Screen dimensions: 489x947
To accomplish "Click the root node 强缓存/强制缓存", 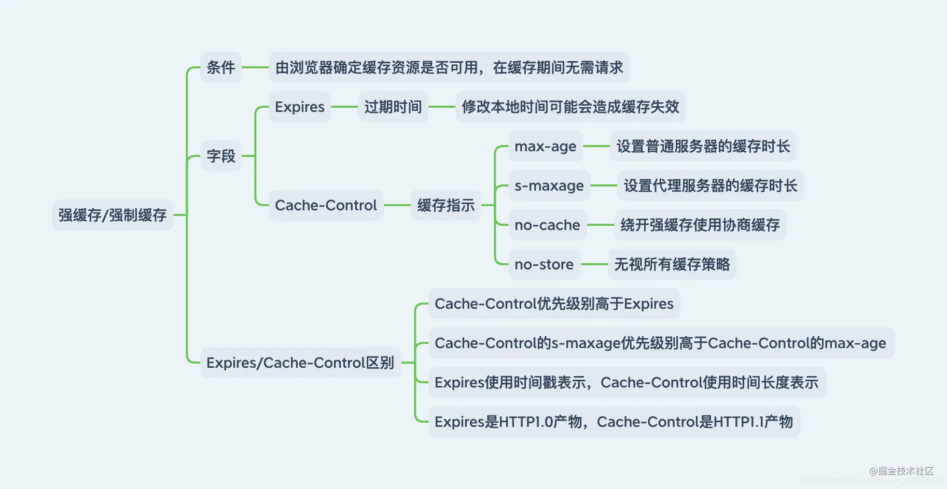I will tap(112, 215).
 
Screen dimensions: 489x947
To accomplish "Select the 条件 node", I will tap(221, 67).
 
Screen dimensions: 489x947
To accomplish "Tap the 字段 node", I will tap(221, 156).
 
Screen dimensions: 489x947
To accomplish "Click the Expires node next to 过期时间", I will tap(299, 107).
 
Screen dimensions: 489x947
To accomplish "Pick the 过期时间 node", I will tap(393, 107).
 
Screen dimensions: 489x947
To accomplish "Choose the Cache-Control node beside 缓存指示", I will tap(326, 206).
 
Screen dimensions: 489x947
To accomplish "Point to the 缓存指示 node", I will tap(445, 206).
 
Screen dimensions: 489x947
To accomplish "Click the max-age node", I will tap(545, 147).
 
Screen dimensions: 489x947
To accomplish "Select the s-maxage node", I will tap(549, 186).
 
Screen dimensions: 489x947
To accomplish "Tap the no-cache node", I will tap(547, 225).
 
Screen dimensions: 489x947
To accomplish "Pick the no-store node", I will tap(544, 265).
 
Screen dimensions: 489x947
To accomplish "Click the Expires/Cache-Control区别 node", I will tap(300, 363).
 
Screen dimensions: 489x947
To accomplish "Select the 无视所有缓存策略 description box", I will tap(672, 265).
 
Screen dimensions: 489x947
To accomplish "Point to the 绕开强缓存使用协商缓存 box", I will tap(700, 225).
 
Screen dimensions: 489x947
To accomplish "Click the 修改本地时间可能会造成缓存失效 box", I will tap(570, 107).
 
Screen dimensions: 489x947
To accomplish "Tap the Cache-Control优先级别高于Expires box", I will tap(554, 304).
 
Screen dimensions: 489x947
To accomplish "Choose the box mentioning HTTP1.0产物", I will tap(614, 422).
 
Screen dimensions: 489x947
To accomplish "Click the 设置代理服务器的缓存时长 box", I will tap(710, 186).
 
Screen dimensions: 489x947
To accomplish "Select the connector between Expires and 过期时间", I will tap(344, 107).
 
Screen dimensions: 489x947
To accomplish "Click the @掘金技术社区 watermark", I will tap(901, 471).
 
